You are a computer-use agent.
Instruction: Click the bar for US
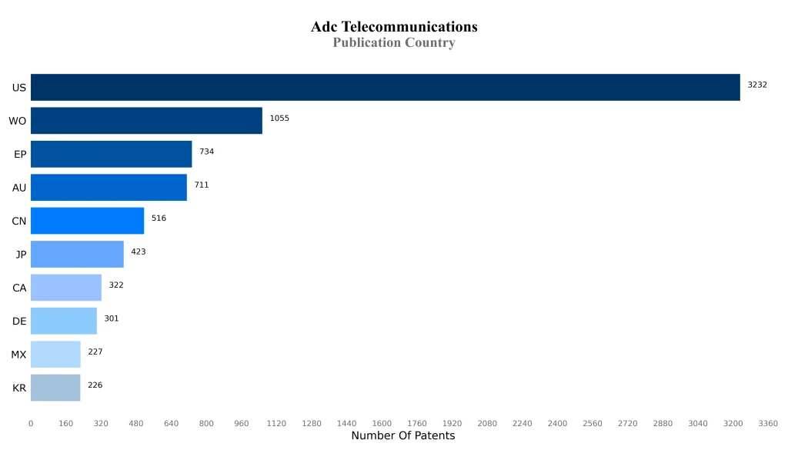click(385, 87)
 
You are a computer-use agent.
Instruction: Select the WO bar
click(146, 121)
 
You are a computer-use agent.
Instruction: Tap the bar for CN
click(87, 221)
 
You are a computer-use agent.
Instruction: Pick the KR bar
click(55, 388)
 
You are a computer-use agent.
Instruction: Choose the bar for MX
click(55, 355)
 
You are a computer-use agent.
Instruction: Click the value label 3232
click(757, 85)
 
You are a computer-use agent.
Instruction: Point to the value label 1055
click(279, 118)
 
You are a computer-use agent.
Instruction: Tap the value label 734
click(206, 152)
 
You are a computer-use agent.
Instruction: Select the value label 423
click(139, 252)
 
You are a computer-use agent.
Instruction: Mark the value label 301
click(112, 318)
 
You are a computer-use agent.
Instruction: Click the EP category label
click(20, 155)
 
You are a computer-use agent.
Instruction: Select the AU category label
click(19, 188)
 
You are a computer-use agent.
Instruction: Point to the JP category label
click(22, 255)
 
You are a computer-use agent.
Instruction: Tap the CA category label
click(19, 288)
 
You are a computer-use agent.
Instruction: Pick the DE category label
click(19, 322)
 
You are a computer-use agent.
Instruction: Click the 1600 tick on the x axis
click(382, 424)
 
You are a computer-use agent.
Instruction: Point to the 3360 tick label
click(768, 424)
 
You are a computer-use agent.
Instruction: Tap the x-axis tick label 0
click(31, 424)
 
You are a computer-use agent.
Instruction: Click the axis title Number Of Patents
click(402, 436)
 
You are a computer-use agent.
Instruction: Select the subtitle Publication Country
click(394, 43)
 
